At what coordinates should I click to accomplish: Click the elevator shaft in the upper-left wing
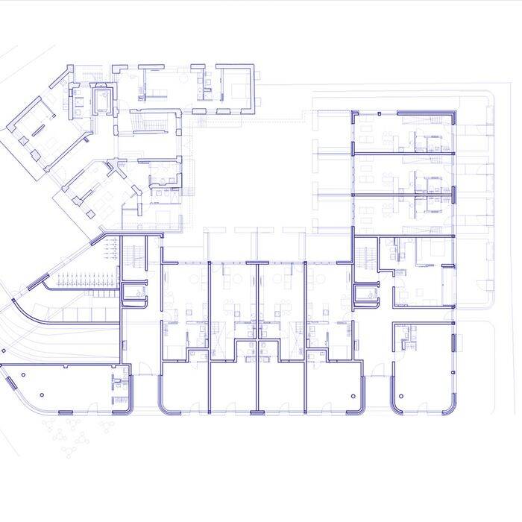pyautogui.click(x=101, y=98)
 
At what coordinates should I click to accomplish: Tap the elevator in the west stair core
pyautogui.click(x=134, y=293)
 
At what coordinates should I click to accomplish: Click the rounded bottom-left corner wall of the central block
pyautogui.click(x=163, y=406)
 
